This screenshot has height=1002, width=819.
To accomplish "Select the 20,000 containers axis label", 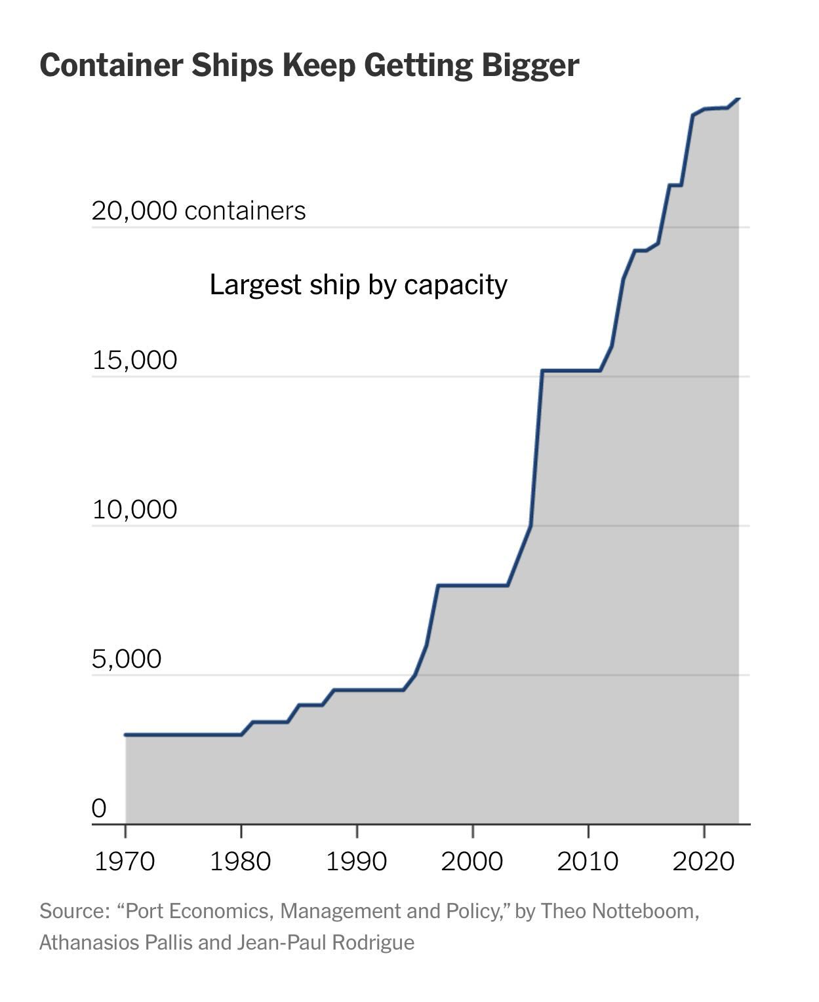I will point(199,211).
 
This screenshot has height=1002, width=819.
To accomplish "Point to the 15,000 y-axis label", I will point(134,360).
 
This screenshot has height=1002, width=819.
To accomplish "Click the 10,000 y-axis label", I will point(134,509).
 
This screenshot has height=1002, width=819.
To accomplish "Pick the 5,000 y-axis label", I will point(127,659).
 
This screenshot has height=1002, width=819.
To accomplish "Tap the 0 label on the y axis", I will point(98,808).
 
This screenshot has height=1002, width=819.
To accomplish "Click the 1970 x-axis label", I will point(125,860).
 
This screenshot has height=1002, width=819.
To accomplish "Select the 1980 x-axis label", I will point(241,860).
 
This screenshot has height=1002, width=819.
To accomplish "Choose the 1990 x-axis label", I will point(357,860).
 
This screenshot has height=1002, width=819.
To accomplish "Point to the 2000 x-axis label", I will point(472,860).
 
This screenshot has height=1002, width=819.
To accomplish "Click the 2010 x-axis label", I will point(588,860).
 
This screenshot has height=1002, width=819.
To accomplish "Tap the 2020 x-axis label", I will point(704,860).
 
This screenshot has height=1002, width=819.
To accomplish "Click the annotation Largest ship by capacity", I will point(359,285).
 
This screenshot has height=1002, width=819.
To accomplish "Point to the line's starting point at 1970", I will point(125,735).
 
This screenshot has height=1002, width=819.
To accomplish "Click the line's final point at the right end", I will point(739,98).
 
